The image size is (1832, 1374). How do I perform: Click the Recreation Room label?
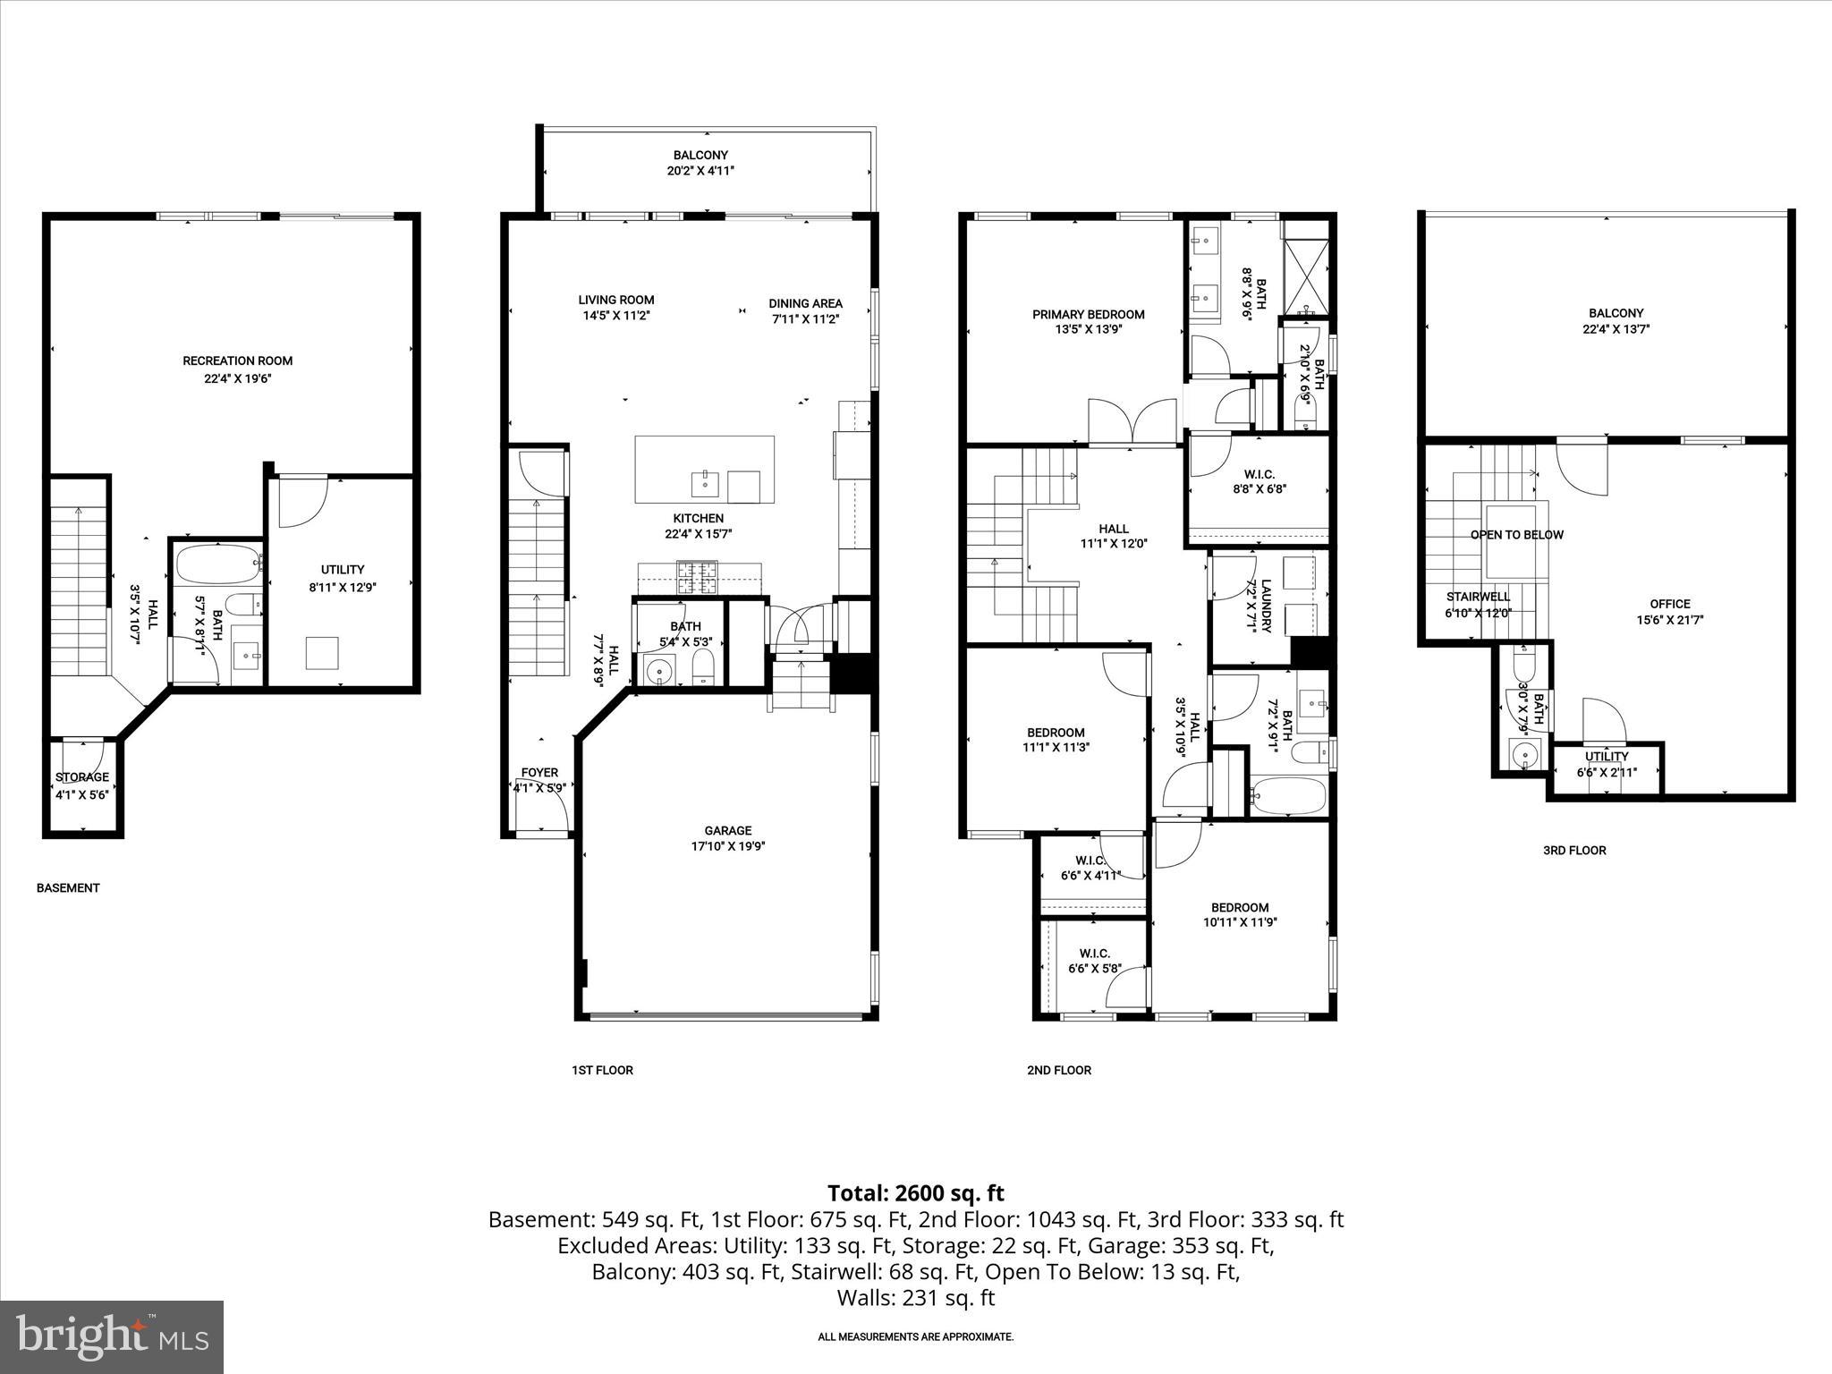point(237,361)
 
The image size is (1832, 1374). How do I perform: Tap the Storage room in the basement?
point(82,786)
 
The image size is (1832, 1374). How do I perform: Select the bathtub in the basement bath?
point(217,564)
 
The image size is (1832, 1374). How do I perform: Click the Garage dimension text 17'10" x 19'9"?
point(727,846)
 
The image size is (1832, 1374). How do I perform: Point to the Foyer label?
point(539,773)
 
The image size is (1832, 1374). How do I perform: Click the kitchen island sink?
point(705,484)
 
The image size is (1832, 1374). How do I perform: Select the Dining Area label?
point(805,303)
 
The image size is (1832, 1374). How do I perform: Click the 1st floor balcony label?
point(700,155)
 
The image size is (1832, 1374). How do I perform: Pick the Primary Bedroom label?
point(1088,314)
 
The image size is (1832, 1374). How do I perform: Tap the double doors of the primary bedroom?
point(1132,423)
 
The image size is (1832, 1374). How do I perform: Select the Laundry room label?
point(1266,606)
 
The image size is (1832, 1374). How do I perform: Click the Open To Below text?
point(1517,535)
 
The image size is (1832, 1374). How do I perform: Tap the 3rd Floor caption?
point(1573,851)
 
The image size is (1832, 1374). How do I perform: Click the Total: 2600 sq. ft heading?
point(915,1193)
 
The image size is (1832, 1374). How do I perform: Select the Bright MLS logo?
point(112,1336)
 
